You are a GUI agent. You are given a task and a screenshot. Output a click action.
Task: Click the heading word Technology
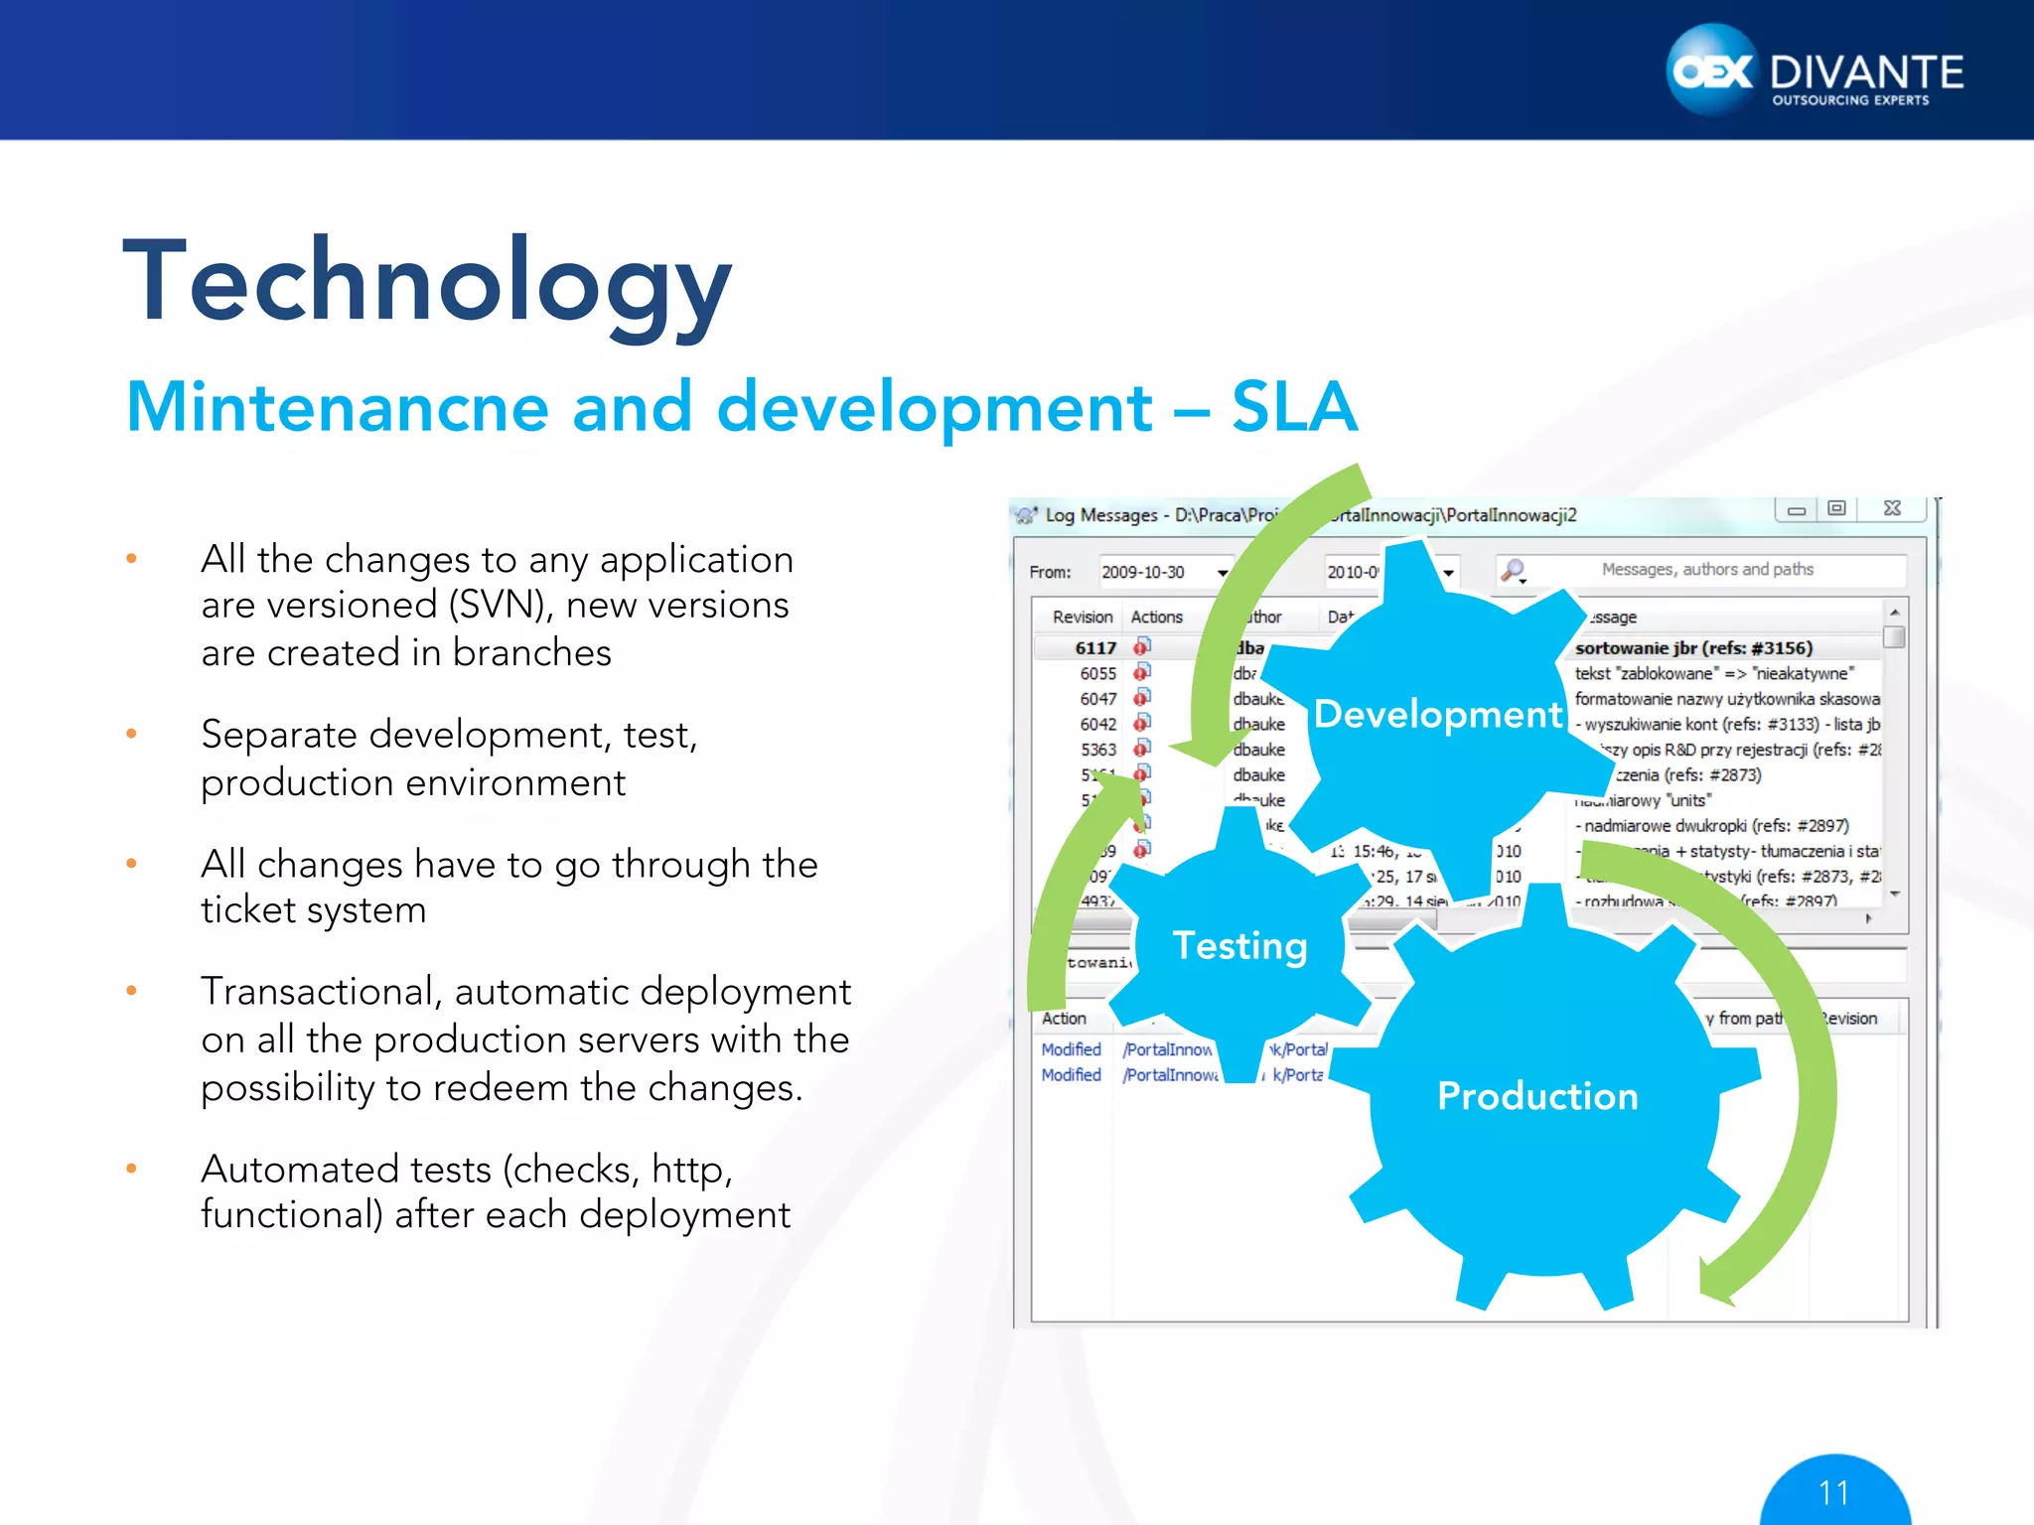(x=427, y=283)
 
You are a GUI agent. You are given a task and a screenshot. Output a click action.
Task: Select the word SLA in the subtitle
(x=1293, y=407)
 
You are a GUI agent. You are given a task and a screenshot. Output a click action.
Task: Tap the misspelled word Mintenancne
(x=338, y=407)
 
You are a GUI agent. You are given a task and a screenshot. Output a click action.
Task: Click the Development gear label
(x=1437, y=714)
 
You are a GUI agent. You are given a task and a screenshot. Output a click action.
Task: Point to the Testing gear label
(x=1239, y=945)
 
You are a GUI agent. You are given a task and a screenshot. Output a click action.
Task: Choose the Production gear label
(x=1537, y=1095)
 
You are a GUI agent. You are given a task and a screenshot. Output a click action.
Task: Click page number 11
(x=1833, y=1492)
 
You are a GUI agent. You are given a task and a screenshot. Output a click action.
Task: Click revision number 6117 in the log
(x=1095, y=647)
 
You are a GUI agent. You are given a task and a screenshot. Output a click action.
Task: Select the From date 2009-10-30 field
(x=1143, y=572)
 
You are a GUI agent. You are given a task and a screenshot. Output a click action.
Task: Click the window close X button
(x=1892, y=508)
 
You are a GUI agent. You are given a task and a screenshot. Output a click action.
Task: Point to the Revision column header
(x=1082, y=617)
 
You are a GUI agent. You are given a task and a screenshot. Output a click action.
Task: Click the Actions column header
(x=1156, y=617)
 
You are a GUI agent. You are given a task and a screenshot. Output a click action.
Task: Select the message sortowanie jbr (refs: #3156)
(x=1693, y=647)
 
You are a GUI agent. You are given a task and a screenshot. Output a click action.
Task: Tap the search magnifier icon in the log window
(x=1513, y=570)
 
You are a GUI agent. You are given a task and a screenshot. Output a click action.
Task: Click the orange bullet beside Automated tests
(x=131, y=1169)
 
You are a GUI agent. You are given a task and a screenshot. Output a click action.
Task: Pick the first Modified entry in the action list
(x=1071, y=1049)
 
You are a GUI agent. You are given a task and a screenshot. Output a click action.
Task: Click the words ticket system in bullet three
(x=313, y=909)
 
